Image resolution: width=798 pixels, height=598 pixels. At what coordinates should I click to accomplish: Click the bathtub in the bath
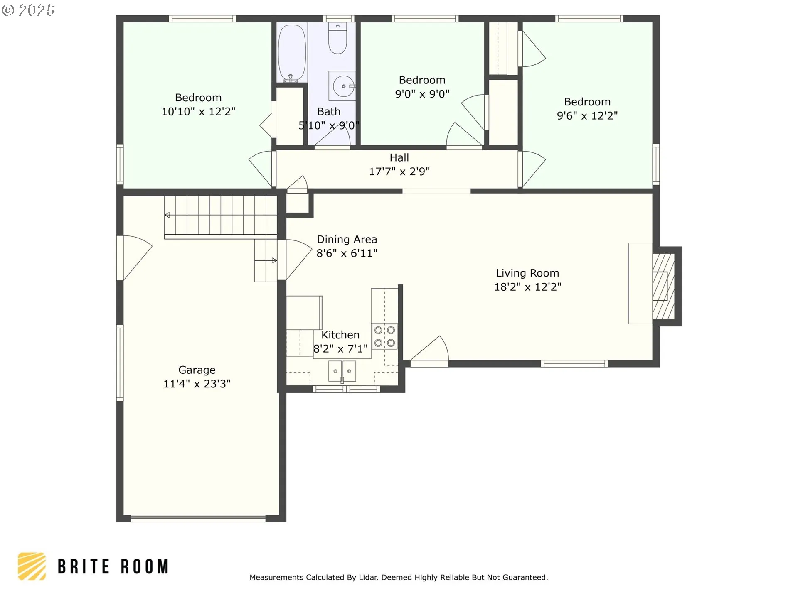(x=292, y=53)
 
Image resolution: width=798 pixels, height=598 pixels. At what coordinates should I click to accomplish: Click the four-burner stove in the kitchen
(x=384, y=336)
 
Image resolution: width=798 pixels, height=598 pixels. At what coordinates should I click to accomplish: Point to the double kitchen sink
(x=342, y=371)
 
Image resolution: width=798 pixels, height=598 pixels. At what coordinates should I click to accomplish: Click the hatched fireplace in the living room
(x=663, y=286)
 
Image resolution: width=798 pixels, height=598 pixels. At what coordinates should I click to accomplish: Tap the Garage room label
(x=197, y=370)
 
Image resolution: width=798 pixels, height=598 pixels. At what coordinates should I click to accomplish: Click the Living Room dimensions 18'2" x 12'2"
(x=527, y=287)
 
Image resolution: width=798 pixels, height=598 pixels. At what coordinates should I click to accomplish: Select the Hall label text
(x=399, y=158)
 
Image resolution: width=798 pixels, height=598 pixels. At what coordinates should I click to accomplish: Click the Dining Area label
(x=347, y=240)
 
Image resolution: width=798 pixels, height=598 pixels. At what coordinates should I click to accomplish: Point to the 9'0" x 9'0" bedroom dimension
(x=422, y=94)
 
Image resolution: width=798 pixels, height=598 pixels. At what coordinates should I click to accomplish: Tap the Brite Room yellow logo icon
(x=32, y=566)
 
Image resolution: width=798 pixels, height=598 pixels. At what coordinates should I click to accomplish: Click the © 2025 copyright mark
(x=28, y=10)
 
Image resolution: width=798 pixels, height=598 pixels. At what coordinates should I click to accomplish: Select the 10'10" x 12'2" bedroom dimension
(x=198, y=112)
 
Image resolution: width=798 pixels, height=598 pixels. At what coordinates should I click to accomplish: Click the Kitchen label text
(x=340, y=335)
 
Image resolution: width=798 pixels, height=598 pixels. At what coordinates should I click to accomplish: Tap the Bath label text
(x=329, y=112)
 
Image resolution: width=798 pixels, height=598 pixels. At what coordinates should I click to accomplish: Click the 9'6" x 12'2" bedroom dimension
(x=587, y=116)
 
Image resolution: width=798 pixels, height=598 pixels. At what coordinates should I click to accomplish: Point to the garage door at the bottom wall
(x=198, y=518)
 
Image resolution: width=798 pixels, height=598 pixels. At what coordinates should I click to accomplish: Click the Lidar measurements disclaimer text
(x=399, y=578)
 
